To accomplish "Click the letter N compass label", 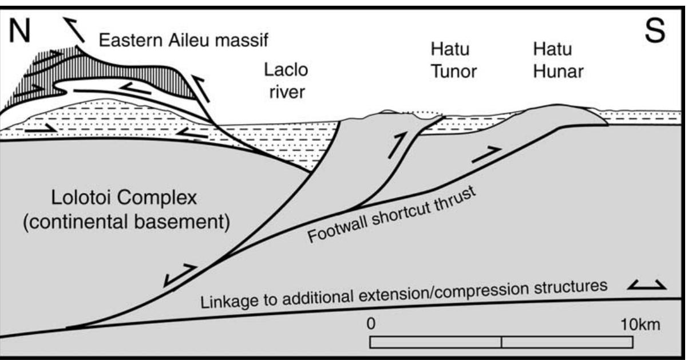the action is pos(19,30).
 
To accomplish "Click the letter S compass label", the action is pos(655,30).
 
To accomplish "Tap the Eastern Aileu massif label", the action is pos(184,40).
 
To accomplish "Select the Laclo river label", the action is pos(286,81).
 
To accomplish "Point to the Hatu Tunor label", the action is pos(453,61).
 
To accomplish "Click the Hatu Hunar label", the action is pos(558,61).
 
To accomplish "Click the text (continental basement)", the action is pos(126,222).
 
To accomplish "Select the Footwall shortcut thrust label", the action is pos(392,214).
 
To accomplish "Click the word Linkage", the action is pos(228,300).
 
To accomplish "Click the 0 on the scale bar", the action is pos(371,323).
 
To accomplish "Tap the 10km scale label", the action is pos(640,325).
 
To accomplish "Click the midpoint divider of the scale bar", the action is pos(501,342).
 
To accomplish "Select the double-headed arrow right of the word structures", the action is pos(647,286).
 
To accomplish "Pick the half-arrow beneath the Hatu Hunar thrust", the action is pos(487,155).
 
